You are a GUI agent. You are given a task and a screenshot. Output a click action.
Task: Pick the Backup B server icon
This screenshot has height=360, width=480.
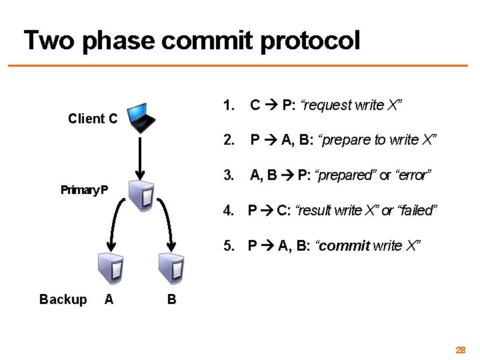tap(171, 267)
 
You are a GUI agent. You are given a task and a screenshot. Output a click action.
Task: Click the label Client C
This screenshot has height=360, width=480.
tap(93, 119)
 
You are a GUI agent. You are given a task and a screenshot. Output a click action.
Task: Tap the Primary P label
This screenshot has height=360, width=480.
tap(85, 190)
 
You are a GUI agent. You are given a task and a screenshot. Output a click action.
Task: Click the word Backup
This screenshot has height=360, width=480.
tap(63, 300)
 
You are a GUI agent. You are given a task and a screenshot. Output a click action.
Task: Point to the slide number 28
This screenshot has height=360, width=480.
tap(460, 350)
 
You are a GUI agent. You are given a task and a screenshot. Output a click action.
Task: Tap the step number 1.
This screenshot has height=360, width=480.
tap(229, 105)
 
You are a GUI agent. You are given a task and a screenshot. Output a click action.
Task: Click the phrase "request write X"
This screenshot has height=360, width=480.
tap(352, 105)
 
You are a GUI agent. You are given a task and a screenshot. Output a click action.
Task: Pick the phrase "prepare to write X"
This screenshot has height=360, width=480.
tap(377, 140)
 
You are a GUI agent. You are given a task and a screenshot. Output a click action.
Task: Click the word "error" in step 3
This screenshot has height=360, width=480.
tap(413, 175)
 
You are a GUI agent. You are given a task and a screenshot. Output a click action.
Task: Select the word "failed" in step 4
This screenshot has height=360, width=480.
tap(417, 211)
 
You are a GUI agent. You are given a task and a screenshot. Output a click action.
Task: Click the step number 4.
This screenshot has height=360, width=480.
tap(229, 211)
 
